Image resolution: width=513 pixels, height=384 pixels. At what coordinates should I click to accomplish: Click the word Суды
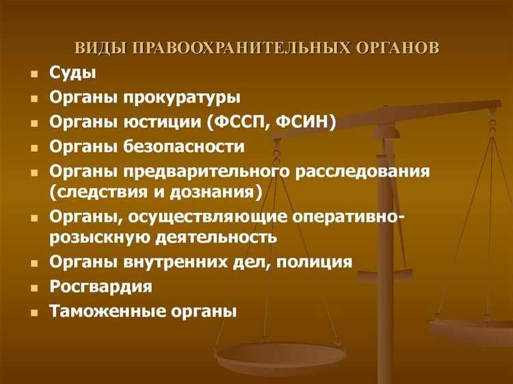point(73,73)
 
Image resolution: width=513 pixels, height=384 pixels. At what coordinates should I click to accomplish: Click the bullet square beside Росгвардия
point(34,287)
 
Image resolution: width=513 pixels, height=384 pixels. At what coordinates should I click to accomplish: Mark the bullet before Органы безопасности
point(34,148)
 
